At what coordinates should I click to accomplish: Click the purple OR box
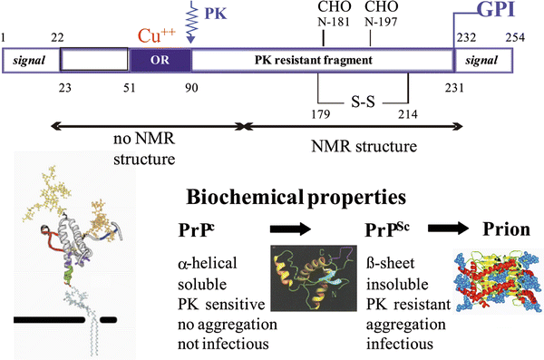[x=160, y=61]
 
